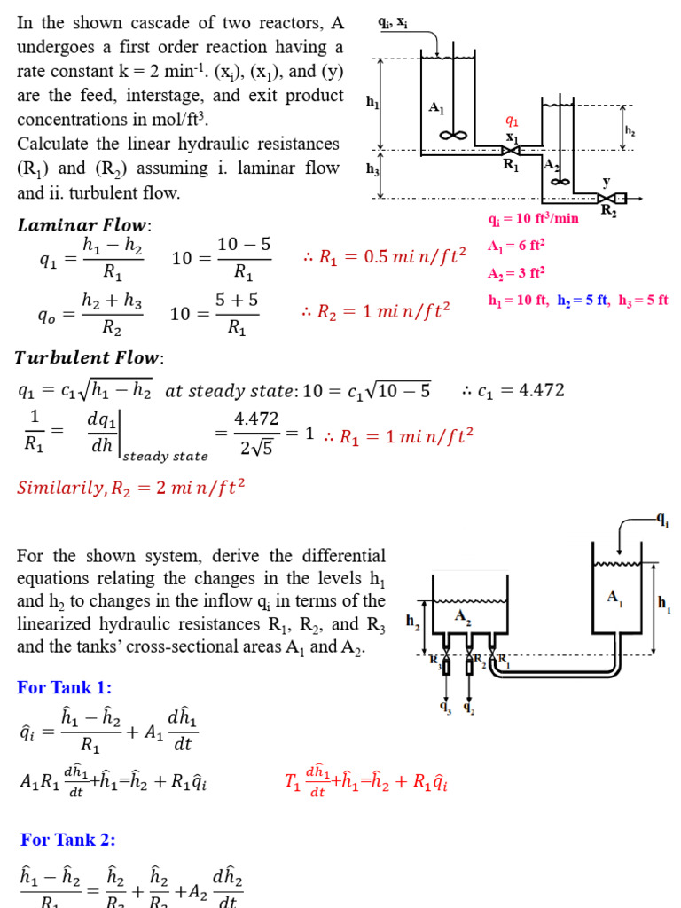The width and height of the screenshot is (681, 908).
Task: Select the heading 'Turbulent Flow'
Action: click(90, 358)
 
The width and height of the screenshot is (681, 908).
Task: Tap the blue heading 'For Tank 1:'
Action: click(65, 687)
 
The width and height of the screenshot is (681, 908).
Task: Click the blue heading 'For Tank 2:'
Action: click(68, 840)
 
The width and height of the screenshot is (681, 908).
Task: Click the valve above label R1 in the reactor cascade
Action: click(511, 151)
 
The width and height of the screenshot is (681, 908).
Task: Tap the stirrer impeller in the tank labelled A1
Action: click(453, 136)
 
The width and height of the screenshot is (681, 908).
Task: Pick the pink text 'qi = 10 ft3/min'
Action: click(533, 219)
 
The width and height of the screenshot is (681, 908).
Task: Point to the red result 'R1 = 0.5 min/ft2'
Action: click(393, 257)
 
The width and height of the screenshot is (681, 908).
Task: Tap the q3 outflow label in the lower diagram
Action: click(445, 707)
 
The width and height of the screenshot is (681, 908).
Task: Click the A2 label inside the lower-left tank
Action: click(463, 614)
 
